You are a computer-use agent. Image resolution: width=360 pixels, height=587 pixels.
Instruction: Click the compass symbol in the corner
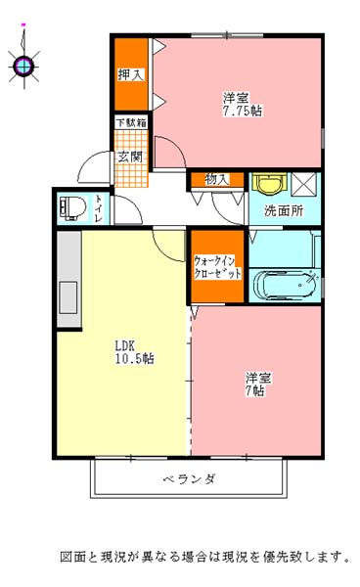24,67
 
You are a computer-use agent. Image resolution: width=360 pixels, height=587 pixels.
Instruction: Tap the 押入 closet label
131,74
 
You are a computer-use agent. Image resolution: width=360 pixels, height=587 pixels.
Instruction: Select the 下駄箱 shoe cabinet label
131,122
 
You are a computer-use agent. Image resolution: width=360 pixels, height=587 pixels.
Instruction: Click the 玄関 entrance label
130,157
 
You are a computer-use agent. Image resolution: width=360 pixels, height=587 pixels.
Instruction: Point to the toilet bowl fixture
72,207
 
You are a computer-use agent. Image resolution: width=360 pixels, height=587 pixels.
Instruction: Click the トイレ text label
99,208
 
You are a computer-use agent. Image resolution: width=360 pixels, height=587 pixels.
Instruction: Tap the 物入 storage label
217,180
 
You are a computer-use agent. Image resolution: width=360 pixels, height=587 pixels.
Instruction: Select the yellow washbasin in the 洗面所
269,184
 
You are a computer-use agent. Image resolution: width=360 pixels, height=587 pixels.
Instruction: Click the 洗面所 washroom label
284,210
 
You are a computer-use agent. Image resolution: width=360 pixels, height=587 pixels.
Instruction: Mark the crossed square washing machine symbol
304,184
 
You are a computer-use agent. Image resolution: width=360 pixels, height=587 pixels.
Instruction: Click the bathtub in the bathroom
285,286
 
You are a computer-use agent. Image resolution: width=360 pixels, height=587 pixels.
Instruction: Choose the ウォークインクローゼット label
217,267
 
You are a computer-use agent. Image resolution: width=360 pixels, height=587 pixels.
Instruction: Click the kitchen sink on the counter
68,297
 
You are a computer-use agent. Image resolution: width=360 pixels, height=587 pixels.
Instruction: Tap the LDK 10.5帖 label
134,352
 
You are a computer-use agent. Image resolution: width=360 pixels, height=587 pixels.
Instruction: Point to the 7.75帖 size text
243,111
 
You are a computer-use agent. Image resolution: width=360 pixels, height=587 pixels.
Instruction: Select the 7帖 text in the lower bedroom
255,390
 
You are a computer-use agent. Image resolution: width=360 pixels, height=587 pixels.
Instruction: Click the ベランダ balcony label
189,478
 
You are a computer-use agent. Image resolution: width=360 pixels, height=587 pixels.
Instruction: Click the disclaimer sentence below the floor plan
205,557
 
